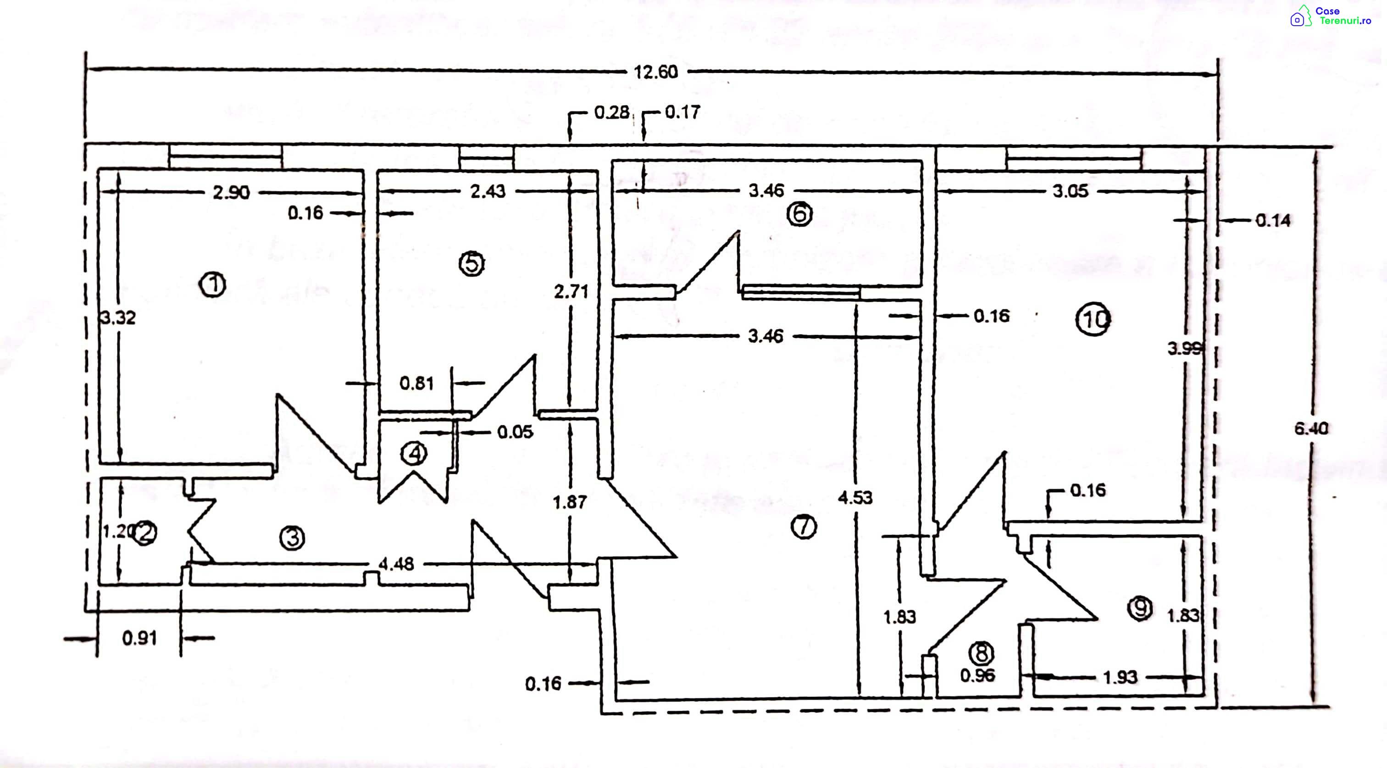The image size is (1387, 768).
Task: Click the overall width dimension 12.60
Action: click(655, 72)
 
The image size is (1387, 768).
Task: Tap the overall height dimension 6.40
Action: click(1311, 429)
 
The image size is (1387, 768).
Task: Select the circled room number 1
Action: click(213, 284)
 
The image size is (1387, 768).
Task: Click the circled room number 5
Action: click(472, 263)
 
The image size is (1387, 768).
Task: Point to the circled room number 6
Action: click(799, 214)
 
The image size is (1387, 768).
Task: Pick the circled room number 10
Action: click(1093, 320)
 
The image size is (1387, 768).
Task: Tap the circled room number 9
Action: click(1140, 609)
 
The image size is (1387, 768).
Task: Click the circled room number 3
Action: click(292, 538)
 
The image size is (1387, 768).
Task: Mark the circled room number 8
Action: click(981, 653)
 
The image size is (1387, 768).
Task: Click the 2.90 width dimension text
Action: click(231, 192)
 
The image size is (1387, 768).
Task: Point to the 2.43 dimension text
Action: click(488, 191)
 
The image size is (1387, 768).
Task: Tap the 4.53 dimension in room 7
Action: click(855, 498)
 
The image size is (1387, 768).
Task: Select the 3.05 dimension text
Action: click(1071, 191)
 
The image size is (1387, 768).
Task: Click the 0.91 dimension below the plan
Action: click(139, 638)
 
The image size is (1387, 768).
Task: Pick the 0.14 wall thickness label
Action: click(1273, 220)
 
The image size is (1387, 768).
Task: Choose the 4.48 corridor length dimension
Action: click(396, 564)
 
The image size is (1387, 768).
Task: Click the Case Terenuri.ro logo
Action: click(1331, 16)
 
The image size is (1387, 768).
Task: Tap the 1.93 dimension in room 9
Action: click(1120, 677)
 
